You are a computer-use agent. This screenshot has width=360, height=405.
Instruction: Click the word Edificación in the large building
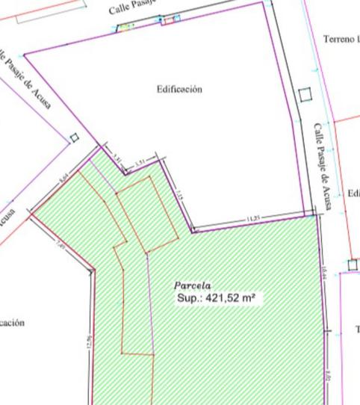pyautogui.click(x=179, y=89)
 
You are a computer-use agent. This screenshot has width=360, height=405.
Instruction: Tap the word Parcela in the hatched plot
pyautogui.click(x=193, y=285)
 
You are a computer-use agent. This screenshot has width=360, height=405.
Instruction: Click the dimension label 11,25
pyautogui.click(x=254, y=218)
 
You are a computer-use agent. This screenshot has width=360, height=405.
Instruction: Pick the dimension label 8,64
pyautogui.click(x=63, y=178)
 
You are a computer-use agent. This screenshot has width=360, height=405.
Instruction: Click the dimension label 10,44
pyautogui.click(x=324, y=273)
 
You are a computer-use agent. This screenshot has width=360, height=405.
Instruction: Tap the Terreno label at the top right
pyautogui.click(x=341, y=38)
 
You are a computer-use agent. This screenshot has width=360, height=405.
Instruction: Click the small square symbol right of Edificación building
pyautogui.click(x=303, y=95)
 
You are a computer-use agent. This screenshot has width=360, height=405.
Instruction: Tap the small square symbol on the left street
pyautogui.click(x=74, y=137)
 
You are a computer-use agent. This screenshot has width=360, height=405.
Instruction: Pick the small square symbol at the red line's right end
pyautogui.click(x=353, y=265)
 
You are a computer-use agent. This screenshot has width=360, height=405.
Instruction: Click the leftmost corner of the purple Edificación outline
pyautogui.click(x=24, y=55)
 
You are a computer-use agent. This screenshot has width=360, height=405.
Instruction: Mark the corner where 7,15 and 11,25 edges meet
pyautogui.click(x=192, y=230)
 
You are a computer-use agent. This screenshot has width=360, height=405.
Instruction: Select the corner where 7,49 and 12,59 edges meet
pyautogui.click(x=94, y=269)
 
